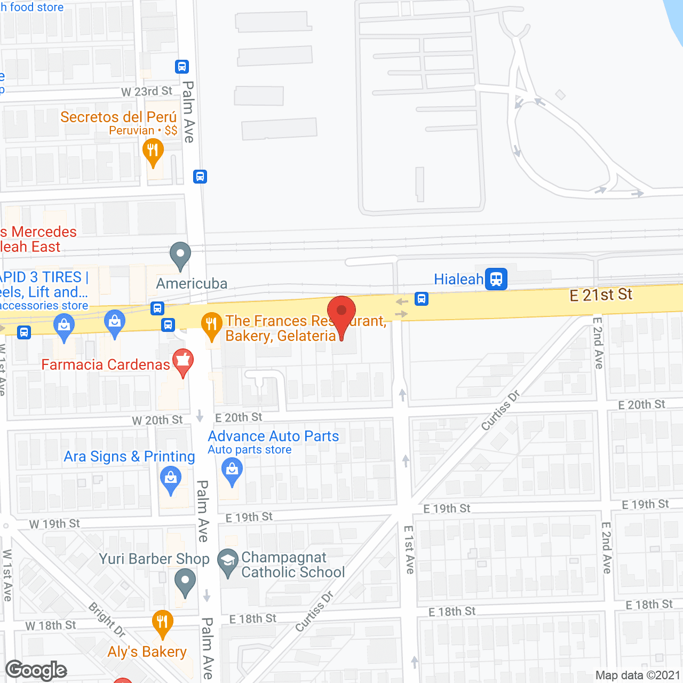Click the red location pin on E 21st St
click(341, 312)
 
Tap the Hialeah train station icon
click(496, 279)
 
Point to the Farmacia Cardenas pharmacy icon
click(183, 361)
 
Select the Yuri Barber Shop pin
click(185, 581)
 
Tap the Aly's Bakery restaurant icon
click(162, 622)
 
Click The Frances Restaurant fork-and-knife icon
click(212, 324)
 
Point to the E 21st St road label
click(601, 295)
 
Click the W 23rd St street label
click(147, 91)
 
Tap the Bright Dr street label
click(107, 620)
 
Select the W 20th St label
click(157, 420)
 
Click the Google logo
click(36, 670)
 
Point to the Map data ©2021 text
click(638, 676)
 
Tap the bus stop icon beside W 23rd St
click(182, 67)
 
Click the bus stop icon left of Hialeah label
click(422, 299)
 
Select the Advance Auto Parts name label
click(273, 436)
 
